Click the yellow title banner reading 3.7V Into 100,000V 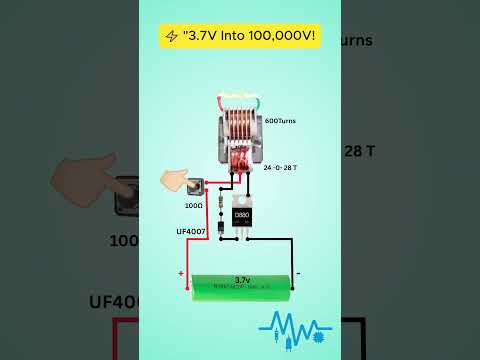[240, 36]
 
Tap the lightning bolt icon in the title [171, 36]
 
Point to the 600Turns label [278, 122]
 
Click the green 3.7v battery [241, 285]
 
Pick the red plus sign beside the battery [181, 272]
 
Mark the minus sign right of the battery [298, 272]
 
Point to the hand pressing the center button [180, 181]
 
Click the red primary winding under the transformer [240, 160]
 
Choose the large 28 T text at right [363, 150]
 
